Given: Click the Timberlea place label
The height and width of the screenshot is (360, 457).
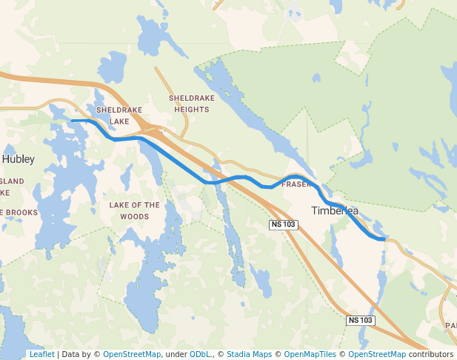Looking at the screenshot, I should point(335,210).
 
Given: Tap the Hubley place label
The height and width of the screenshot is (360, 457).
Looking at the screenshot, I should point(19,159).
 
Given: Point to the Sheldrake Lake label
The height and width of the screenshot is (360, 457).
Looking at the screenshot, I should point(119,115).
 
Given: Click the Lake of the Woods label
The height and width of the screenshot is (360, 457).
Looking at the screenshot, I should point(134,210).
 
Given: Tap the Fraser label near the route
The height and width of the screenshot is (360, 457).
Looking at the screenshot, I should point(294,184).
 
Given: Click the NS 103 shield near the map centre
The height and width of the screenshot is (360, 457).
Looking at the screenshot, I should point(283,224).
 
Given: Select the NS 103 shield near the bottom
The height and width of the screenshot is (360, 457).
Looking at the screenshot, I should point(361,320).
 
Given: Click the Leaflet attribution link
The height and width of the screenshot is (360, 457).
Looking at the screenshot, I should point(41,354).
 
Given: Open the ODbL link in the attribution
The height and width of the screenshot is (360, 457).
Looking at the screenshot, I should point(199,354).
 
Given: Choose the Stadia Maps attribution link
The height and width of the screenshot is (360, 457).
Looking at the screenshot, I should point(249,354).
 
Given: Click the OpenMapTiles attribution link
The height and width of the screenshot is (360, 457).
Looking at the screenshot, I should point(310,354).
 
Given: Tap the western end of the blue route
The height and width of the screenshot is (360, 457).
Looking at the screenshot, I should point(72,120).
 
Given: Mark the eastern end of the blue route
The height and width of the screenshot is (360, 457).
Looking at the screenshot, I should point(384,239).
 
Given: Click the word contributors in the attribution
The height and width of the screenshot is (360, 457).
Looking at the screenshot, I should point(431,354).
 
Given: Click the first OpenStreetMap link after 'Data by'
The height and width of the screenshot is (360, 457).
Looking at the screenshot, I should point(132,354).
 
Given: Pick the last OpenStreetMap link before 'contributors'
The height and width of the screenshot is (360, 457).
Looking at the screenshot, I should point(377,354).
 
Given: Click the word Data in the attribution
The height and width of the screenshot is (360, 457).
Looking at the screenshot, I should point(70,354).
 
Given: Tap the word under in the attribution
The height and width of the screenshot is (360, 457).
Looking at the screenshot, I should point(176,354).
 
